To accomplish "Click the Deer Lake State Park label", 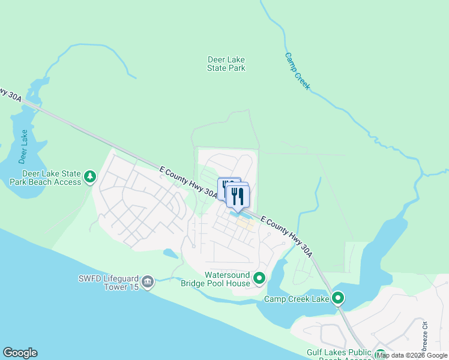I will click(226, 64).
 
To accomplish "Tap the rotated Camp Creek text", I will click(298, 71).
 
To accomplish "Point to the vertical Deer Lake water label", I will click(23, 146).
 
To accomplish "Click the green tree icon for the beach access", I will click(90, 176).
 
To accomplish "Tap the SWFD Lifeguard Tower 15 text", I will click(108, 283).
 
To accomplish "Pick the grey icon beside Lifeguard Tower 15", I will click(148, 281).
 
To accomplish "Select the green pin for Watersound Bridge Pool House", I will click(259, 278).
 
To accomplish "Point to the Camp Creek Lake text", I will click(297, 299).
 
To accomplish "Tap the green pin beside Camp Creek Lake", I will click(338, 298).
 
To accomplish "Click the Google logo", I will click(20, 353).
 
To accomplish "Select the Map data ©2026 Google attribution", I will click(412, 355).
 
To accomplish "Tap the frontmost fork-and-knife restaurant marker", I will click(238, 196).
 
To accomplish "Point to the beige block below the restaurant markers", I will click(244, 224).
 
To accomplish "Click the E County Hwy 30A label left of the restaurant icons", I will click(188, 182).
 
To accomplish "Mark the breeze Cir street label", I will click(424, 336).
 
